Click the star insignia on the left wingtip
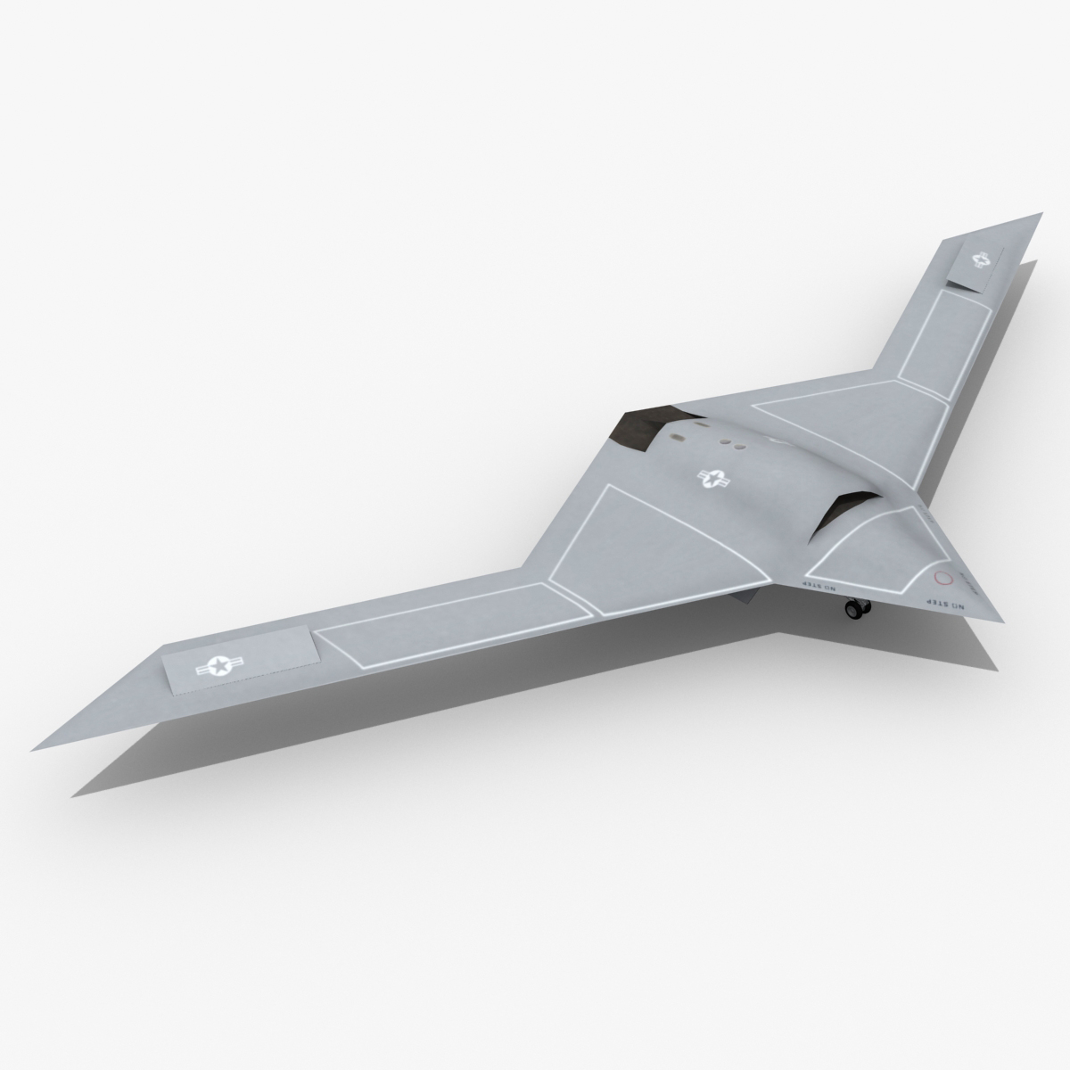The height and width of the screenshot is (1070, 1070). [218, 664]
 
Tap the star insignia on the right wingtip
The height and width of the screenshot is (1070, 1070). [982, 260]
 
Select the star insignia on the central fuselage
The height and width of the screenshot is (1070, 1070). [712, 481]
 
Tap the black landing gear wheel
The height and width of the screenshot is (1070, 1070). [857, 610]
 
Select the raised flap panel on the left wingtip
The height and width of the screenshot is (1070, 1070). [241, 661]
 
